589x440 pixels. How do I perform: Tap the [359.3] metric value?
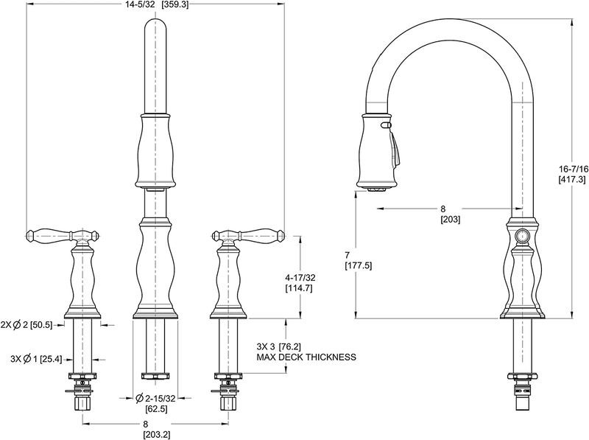(174, 5)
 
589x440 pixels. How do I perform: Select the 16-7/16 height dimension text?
(574, 169)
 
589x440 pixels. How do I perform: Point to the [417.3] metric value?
(572, 179)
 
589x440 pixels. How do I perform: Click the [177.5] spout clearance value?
(358, 266)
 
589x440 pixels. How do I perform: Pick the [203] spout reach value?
(450, 219)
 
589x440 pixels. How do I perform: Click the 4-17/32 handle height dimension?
(300, 278)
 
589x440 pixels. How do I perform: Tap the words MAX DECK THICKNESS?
(306, 357)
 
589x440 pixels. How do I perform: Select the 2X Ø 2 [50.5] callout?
(27, 325)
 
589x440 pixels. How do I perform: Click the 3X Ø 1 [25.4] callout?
(36, 359)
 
